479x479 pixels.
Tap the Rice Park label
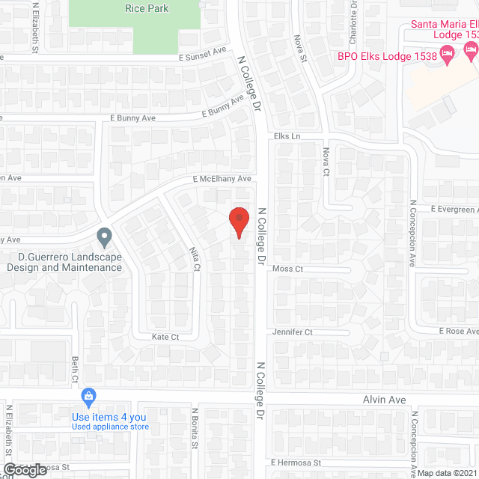click(146, 9)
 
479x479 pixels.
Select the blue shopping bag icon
click(88, 395)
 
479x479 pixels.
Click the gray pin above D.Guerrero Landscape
click(105, 237)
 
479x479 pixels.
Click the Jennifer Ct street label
click(293, 332)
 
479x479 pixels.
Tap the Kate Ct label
click(165, 338)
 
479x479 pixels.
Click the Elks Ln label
click(287, 137)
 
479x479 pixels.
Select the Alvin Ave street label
click(385, 400)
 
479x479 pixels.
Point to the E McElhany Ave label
click(222, 180)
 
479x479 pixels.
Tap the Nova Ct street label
click(326, 162)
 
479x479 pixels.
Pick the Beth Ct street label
click(75, 368)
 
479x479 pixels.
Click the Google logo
click(25, 469)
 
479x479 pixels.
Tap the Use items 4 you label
click(109, 417)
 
